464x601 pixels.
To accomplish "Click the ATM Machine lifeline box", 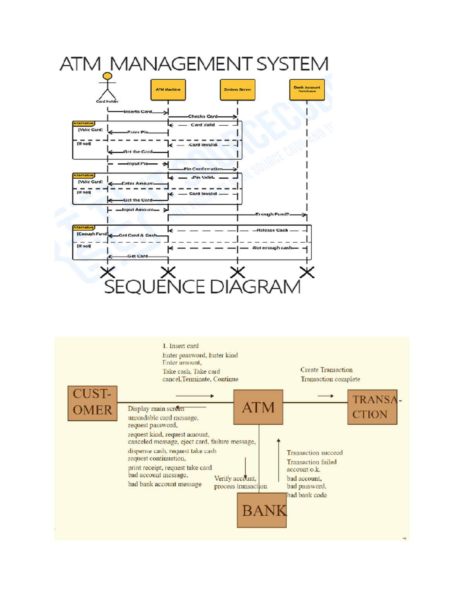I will pyautogui.click(x=168, y=90).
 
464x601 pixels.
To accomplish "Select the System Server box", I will pyautogui.click(x=237, y=90).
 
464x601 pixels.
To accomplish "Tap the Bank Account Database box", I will pyautogui.click(x=307, y=90).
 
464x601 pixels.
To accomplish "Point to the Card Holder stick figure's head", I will pyautogui.click(x=107, y=76).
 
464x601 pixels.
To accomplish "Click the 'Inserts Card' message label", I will pyautogui.click(x=138, y=111).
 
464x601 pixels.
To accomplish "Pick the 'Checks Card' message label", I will pyautogui.click(x=203, y=116).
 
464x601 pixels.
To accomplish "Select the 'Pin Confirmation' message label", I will pyautogui.click(x=203, y=169).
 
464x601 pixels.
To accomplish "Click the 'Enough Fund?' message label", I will pyautogui.click(x=272, y=214).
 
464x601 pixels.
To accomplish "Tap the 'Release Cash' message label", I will pyautogui.click(x=272, y=230).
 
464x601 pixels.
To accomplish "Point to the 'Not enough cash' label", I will pyautogui.click(x=272, y=248).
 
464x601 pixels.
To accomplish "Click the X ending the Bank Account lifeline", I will pyautogui.click(x=307, y=272).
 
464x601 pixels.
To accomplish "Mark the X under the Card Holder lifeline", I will pyautogui.click(x=107, y=272).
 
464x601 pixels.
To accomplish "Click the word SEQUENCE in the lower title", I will pyautogui.click(x=155, y=287).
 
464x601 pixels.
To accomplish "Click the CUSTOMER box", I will pyautogui.click(x=92, y=403).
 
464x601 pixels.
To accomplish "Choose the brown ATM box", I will pyautogui.click(x=258, y=407).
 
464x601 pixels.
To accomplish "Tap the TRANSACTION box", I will pyautogui.click(x=372, y=407).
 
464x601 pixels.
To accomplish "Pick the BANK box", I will pyautogui.click(x=262, y=510).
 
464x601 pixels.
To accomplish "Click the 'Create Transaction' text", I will pyautogui.click(x=326, y=370).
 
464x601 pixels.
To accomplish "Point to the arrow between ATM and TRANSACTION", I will pyautogui.click(x=326, y=396).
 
